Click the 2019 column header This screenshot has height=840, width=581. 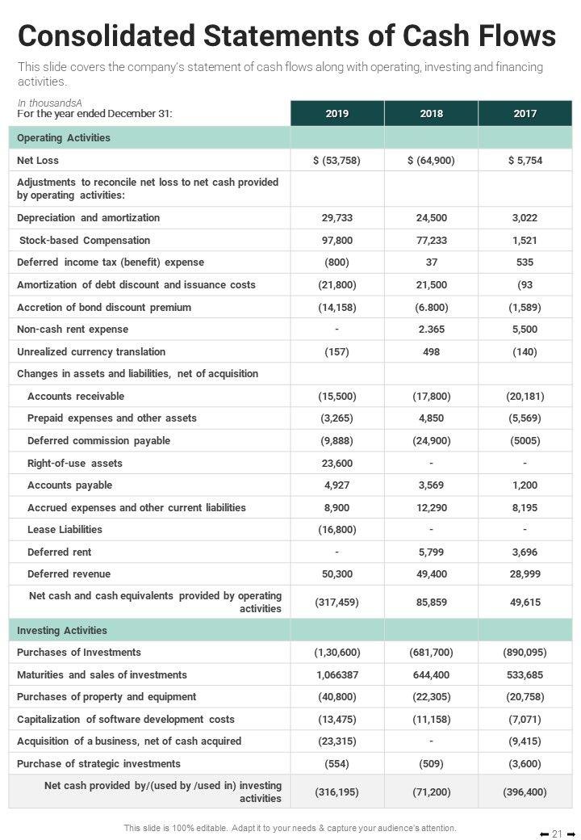click(x=337, y=114)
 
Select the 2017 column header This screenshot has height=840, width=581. click(x=525, y=114)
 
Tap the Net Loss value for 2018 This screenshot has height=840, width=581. click(x=431, y=161)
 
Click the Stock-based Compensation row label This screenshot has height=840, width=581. click(x=85, y=241)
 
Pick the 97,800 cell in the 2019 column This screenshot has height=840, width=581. click(x=337, y=241)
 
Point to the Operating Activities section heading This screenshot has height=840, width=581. click(x=64, y=138)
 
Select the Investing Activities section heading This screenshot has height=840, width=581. click(x=62, y=631)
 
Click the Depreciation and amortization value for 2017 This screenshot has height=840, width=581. click(x=525, y=218)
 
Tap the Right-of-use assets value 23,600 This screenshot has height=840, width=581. click(x=337, y=464)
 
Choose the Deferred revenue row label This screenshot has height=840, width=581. click(x=69, y=574)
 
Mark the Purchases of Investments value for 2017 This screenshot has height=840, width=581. click(x=525, y=653)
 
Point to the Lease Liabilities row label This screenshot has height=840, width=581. click(x=65, y=530)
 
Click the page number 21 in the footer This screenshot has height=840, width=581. click(x=557, y=834)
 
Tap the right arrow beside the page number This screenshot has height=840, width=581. click(x=571, y=834)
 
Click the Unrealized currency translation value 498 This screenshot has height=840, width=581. click(x=431, y=352)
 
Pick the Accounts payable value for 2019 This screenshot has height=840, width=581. click(x=337, y=485)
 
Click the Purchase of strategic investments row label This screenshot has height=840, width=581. click(x=98, y=764)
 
